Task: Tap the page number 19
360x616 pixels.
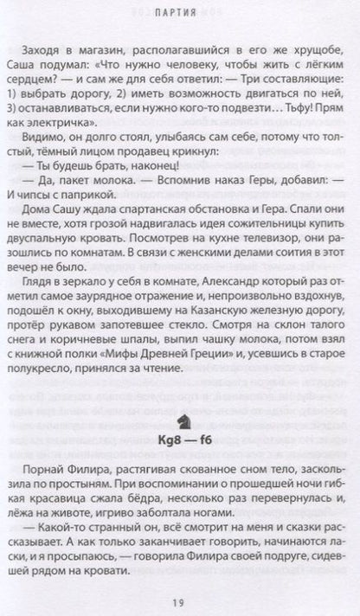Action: click(180, 602)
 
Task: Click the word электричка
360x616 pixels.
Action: click(93, 122)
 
